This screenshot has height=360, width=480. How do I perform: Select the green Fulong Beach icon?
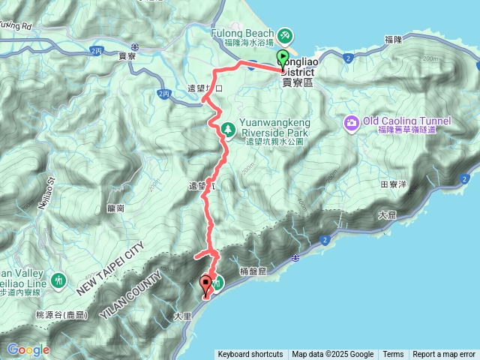(x=285, y=34)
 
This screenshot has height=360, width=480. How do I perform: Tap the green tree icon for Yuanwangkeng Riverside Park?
(x=226, y=130)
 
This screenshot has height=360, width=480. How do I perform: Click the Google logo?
(x=28, y=349)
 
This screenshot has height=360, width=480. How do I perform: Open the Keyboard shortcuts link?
(x=250, y=355)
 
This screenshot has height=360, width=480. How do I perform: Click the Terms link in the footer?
(x=393, y=355)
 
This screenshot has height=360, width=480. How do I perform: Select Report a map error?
(x=444, y=355)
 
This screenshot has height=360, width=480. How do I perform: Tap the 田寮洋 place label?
(x=394, y=183)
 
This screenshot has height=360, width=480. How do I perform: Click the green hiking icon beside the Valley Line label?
(x=58, y=280)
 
